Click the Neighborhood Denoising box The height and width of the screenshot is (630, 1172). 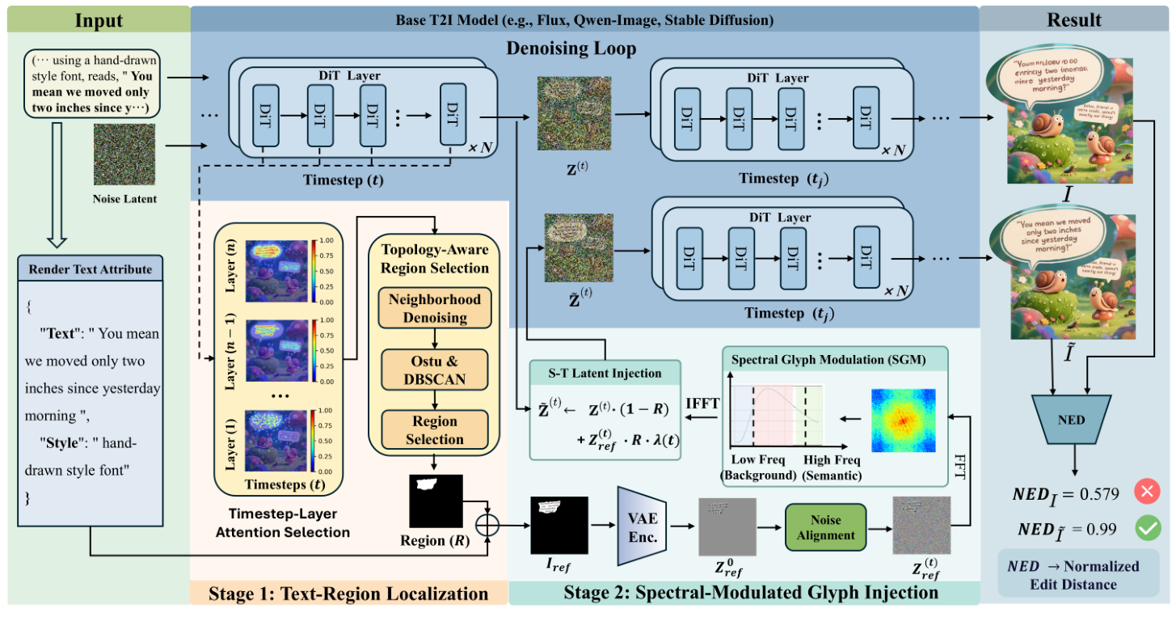click(x=435, y=308)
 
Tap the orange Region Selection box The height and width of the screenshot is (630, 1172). click(x=435, y=429)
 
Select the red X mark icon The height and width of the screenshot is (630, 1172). click(x=1146, y=492)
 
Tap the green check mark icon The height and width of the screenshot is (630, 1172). click(x=1146, y=529)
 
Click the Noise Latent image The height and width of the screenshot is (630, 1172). click(x=124, y=154)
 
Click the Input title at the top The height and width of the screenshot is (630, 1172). click(x=99, y=19)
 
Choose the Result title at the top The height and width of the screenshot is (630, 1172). click(x=1075, y=19)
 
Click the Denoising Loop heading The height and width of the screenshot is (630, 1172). click(x=571, y=48)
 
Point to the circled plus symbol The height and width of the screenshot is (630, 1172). click(x=487, y=523)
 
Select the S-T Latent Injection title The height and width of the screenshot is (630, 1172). click(x=604, y=373)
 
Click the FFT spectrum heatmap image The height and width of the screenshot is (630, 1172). click(x=902, y=420)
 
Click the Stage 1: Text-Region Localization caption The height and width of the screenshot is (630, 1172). click(x=348, y=594)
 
